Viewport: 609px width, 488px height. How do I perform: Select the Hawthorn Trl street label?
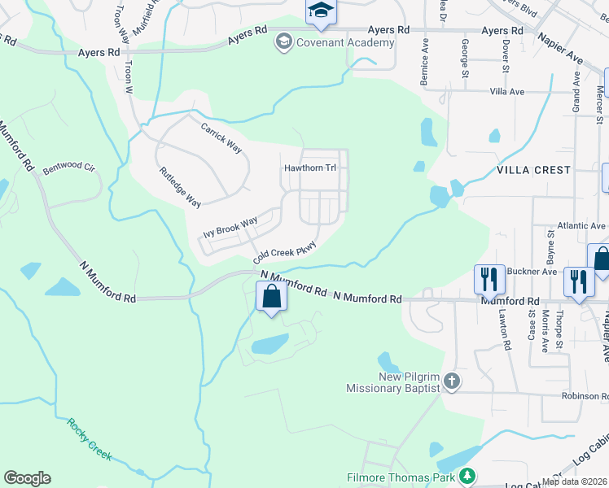[x=310, y=168]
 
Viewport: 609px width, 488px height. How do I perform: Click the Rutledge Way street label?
[x=180, y=187]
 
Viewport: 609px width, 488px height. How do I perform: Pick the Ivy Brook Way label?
[x=230, y=227]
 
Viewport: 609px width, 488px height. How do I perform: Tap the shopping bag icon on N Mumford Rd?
[x=272, y=297]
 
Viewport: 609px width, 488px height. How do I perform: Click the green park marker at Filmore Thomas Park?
[x=467, y=476]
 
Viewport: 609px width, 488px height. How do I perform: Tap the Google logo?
[x=27, y=477]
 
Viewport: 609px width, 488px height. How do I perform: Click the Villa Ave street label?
[x=507, y=92]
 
